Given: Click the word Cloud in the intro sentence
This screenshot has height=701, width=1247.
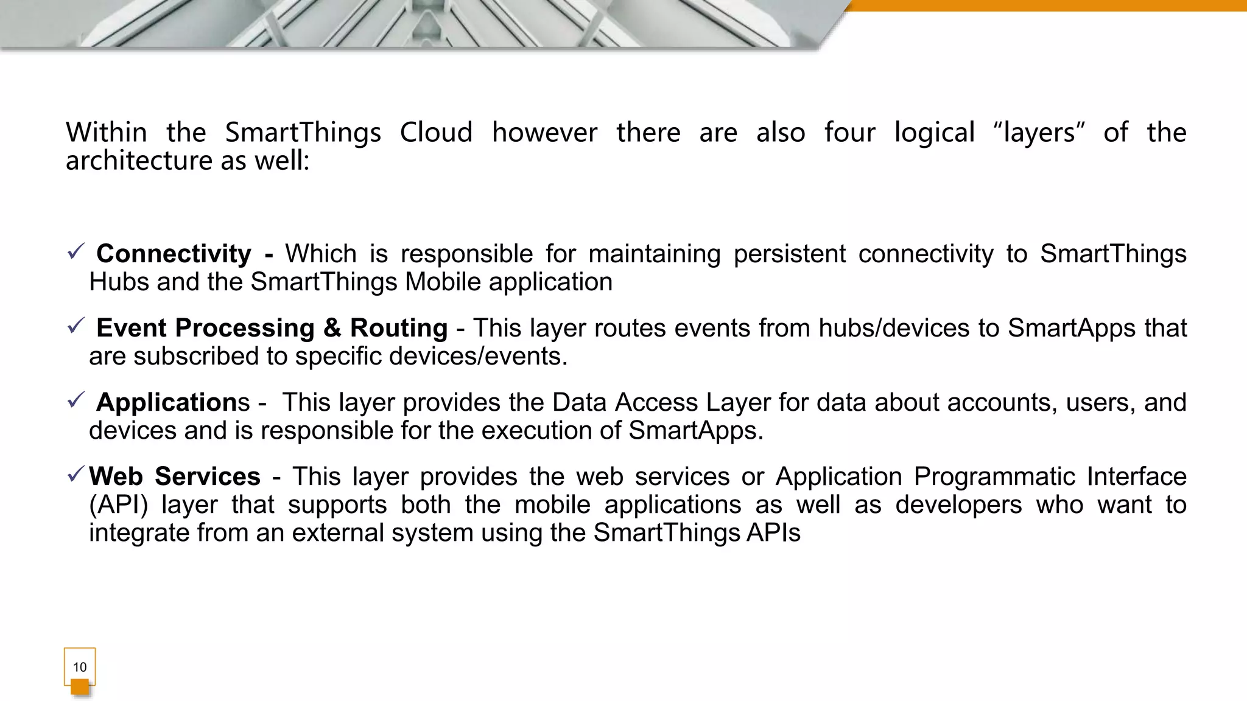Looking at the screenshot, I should point(436,133).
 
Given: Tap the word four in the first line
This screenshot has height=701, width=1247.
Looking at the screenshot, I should point(849,133).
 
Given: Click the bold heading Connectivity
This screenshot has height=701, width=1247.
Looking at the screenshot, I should point(174,254).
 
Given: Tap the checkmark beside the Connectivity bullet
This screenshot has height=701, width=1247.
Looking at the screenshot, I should point(76,251).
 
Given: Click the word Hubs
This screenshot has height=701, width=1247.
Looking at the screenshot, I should point(116,282).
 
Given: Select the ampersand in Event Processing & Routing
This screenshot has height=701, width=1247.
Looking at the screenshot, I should point(332,328).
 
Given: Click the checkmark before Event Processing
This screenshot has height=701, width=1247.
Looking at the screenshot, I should point(76,326).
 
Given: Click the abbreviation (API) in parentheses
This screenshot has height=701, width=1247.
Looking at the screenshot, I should point(118,504).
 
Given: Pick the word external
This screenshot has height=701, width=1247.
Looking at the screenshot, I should point(338,532).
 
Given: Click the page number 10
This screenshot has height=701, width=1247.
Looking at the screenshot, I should point(80,667).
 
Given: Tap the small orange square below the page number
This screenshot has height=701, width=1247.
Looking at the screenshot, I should point(80,687).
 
